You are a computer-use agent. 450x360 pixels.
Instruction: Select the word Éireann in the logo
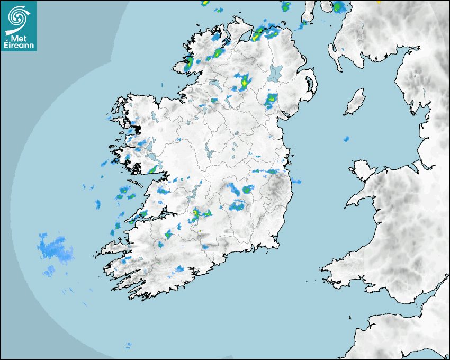[19, 46]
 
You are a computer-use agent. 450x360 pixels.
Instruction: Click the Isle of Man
[355, 102]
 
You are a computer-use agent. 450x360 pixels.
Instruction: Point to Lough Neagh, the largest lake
[275, 73]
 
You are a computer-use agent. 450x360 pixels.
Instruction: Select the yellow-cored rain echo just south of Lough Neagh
[272, 99]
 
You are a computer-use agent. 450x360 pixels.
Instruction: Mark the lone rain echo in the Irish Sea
[346, 139]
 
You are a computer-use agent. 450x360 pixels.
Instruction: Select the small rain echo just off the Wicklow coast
[296, 182]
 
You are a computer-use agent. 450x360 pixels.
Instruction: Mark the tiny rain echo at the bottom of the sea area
[128, 345]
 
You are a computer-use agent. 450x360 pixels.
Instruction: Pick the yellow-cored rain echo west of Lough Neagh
[244, 82]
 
